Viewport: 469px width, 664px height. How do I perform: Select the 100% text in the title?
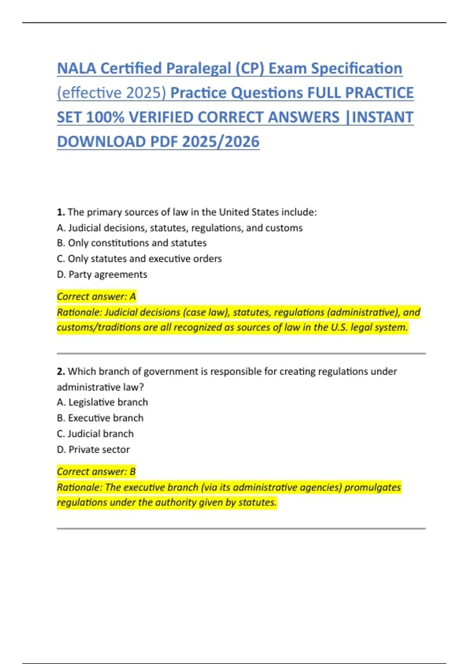coord(104,117)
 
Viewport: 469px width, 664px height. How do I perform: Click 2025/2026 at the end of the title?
coord(220,142)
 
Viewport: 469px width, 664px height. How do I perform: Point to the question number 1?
coord(61,212)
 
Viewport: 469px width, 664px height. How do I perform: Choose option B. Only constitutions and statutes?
coord(132,243)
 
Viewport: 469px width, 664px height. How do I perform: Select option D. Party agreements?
coord(102,275)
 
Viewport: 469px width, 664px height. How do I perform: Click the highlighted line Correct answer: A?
coord(97,296)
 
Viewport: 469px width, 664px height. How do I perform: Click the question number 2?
coord(61,371)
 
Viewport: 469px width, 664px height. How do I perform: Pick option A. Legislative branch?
coord(102,402)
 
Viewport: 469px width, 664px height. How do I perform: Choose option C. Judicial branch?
coord(95,434)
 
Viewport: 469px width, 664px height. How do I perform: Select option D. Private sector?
coord(93,450)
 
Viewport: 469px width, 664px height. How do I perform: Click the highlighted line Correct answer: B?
coord(97,471)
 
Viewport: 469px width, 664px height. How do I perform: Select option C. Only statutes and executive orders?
coord(139,259)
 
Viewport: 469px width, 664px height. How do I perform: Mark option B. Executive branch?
coord(100,418)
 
